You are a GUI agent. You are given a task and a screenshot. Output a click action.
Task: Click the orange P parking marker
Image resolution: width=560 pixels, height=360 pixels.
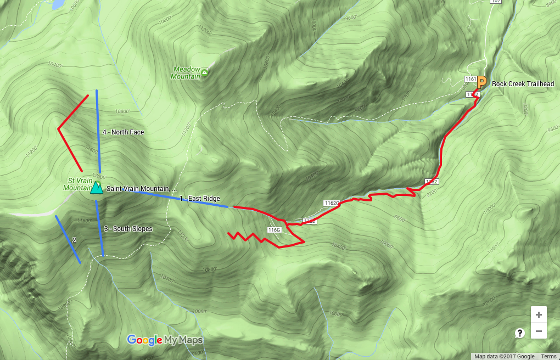pos(481,83)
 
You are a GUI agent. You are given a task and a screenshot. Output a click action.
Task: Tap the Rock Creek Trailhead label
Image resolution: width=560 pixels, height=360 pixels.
pos(522,84)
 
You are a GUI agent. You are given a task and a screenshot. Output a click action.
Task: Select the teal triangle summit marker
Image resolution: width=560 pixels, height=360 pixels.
pos(97,188)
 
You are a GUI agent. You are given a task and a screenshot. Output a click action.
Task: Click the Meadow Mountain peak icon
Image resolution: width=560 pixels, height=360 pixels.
pos(204,72)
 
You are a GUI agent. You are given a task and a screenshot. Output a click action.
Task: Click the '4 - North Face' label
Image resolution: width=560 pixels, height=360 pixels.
pos(123,132)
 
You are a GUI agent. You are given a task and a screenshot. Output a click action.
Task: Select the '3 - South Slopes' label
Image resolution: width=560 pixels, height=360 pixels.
pos(128,229)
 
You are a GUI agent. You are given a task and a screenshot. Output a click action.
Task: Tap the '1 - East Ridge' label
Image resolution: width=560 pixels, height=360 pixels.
pos(200,199)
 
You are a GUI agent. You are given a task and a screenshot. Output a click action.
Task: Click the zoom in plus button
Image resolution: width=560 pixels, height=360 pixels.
pos(539,315)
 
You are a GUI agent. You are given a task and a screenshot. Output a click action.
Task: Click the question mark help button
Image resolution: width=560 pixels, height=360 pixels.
pos(519,333)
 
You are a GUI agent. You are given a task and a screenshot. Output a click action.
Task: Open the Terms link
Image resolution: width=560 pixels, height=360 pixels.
pos(548,357)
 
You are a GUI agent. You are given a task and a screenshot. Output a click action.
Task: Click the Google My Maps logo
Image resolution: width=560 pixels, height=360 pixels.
pos(165,340)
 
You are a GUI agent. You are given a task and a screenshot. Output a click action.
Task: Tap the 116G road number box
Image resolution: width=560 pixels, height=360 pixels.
pos(275,229)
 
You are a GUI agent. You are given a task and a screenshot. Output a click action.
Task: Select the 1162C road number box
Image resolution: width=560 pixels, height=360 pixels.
pos(331,203)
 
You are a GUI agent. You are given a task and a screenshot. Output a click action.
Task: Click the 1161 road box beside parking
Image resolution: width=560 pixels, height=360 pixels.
pos(469,79)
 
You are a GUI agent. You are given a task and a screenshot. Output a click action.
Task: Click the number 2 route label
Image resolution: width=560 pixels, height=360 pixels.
pos(74,240)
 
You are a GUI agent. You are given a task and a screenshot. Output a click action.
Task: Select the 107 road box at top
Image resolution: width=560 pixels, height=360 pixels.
pos(496,2)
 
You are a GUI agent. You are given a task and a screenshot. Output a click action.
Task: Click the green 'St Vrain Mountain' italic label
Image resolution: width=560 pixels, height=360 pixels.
pos(77,184)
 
